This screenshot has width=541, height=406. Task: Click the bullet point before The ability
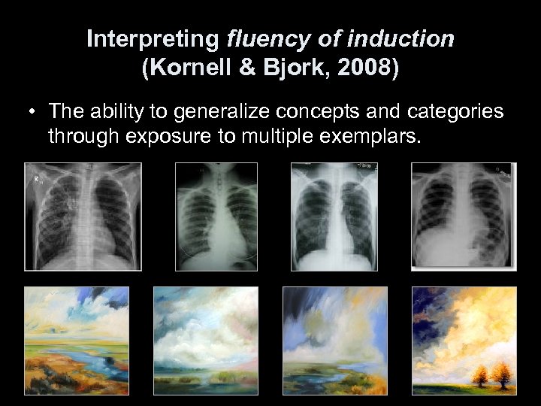34,113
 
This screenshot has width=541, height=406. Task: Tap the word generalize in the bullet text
215,113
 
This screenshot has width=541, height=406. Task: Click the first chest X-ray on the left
83,217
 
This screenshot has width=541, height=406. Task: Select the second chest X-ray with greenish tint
216,217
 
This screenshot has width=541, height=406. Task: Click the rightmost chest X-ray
464,217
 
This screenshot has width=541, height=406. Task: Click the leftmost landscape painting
77,340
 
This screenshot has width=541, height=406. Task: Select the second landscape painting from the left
205,340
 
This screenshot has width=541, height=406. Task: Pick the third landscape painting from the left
334,340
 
